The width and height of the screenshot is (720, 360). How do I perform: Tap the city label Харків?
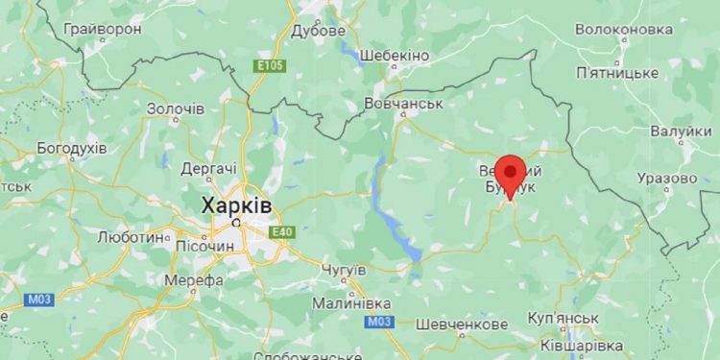click(x=235, y=205)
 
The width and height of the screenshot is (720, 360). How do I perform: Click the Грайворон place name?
click(x=103, y=30)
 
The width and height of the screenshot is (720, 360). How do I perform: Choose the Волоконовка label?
click(x=624, y=30)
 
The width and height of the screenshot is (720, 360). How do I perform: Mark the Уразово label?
click(x=665, y=179)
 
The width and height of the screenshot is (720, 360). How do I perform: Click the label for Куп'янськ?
click(x=564, y=318)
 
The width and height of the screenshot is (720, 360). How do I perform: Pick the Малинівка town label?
click(x=351, y=303)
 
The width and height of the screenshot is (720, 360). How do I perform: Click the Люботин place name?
click(x=131, y=235)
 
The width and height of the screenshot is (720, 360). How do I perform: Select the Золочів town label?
click(x=175, y=108)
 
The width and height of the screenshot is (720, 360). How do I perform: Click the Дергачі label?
click(x=208, y=167)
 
